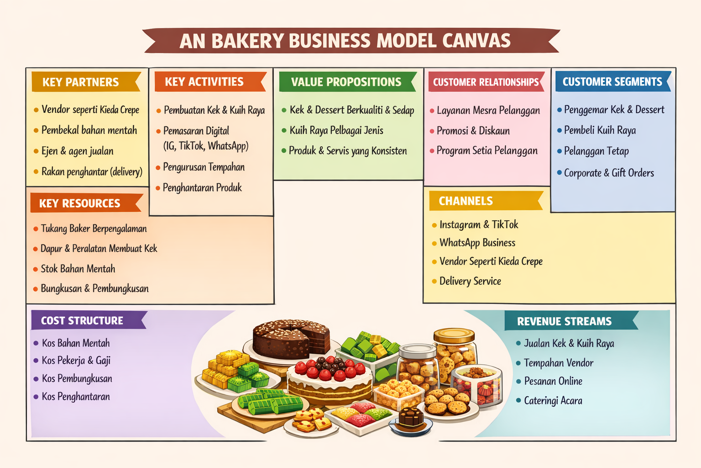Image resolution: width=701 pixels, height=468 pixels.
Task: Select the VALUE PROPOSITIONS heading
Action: (346, 82)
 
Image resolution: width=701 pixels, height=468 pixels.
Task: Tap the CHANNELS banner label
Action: (466, 201)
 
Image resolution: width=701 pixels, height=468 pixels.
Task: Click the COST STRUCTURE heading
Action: (82, 321)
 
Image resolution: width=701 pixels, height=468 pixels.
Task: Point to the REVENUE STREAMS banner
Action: (564, 321)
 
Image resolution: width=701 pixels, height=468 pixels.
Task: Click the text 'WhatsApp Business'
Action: (477, 243)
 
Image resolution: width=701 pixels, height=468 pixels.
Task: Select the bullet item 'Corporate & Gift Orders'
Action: (609, 173)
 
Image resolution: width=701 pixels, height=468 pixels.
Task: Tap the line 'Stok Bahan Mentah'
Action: (78, 269)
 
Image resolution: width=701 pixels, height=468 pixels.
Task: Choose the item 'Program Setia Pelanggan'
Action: (487, 151)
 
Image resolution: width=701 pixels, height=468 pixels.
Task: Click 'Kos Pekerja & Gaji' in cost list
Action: (76, 361)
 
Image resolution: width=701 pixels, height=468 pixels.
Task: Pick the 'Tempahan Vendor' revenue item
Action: (559, 363)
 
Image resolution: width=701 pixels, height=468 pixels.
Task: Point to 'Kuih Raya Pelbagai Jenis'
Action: (336, 131)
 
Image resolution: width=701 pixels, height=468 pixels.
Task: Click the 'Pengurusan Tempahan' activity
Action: (204, 167)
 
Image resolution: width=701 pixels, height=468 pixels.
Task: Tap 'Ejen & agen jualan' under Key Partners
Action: (78, 151)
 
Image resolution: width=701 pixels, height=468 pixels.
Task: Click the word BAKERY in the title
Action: (247, 41)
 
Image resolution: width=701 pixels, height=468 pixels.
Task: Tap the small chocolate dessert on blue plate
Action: (411, 419)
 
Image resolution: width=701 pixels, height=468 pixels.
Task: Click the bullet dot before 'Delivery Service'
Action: (434, 282)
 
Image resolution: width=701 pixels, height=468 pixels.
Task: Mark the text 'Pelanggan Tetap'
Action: (596, 151)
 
